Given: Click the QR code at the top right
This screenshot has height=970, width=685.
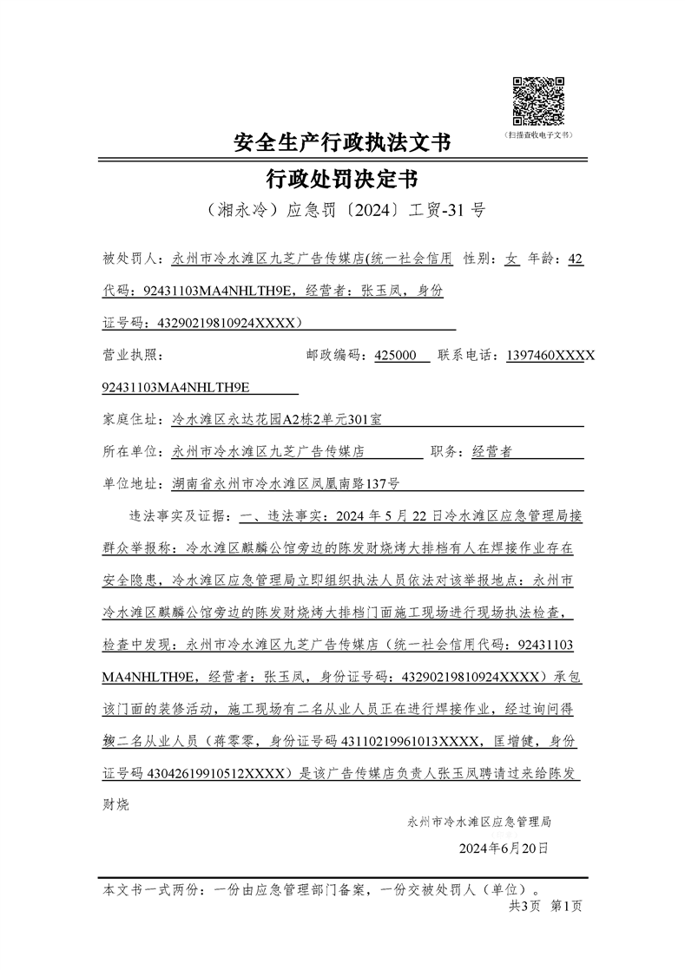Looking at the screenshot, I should coord(538,101).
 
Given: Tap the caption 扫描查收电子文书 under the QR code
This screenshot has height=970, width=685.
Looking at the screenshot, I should coord(538,136).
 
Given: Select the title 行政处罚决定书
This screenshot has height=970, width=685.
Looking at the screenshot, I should coord(342,179).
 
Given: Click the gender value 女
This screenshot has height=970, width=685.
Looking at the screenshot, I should coord(512,259).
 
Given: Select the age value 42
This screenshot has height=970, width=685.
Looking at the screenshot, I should coord(574,259).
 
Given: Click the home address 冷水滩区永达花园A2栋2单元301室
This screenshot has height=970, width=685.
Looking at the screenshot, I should coord(277,420).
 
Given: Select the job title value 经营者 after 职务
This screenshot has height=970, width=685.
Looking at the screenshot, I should coord(491,452).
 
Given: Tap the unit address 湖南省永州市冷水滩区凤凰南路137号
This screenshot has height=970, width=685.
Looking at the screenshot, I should coord(286,484).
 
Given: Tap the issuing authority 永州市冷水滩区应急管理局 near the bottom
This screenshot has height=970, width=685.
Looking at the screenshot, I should coord(478,821).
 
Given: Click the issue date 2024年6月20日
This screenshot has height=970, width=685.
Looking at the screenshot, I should coord(504,848).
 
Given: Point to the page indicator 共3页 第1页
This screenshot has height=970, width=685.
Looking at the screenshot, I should coord(545,906).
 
